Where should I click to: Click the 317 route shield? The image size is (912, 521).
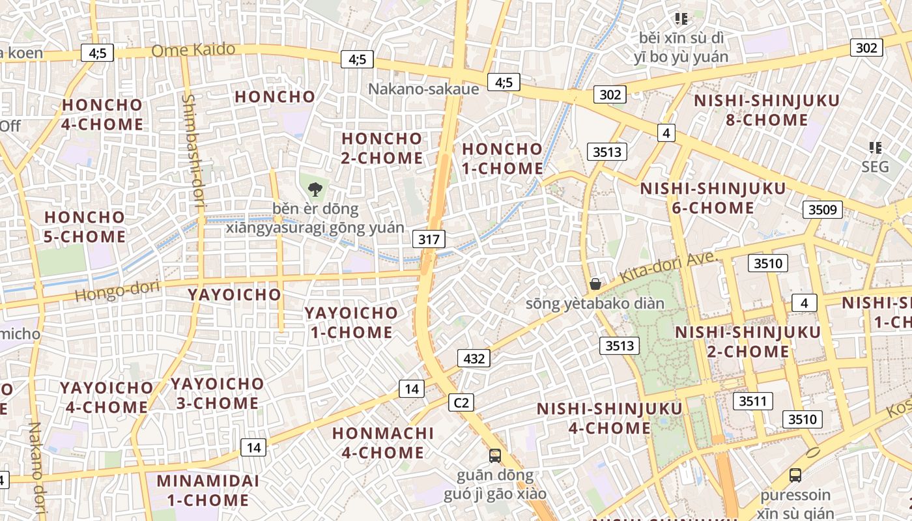coord(429,239)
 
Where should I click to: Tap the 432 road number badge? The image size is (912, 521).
coord(474,358)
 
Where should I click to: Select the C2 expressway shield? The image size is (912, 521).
coord(461,402)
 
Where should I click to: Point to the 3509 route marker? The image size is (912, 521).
coord(822,210)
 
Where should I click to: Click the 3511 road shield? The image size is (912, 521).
coord(752,401)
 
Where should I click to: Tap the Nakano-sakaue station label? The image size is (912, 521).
coord(423,89)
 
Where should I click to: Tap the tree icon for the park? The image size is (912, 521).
coord(315,190)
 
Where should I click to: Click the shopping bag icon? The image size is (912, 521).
coord(595,284)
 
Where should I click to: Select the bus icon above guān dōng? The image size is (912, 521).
coord(495,455)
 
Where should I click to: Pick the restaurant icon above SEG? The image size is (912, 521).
coord(875,148)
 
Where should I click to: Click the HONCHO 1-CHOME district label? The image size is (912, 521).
coord(502,158)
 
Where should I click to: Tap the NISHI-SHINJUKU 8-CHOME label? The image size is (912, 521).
coord(767,110)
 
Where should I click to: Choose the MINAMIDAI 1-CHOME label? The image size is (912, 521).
coord(208,490)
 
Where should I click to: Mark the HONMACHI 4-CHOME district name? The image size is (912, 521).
coord(382,442)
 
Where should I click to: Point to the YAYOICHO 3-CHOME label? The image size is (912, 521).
coord(218,393)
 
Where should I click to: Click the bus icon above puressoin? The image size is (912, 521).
coord(795,475)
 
